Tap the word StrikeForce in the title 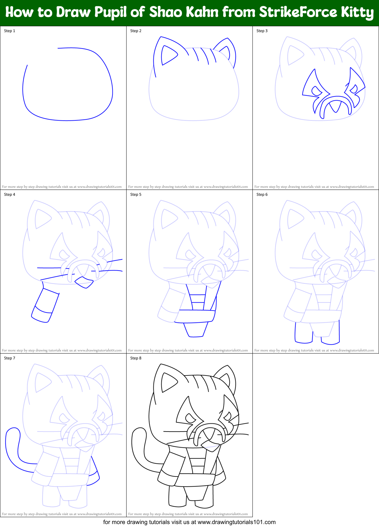[x=298, y=12]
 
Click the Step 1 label [x=10, y=31]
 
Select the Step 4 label [x=10, y=194]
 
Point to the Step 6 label [x=262, y=194]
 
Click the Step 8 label [x=136, y=358]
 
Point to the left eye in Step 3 [x=316, y=91]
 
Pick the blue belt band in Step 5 [x=195, y=316]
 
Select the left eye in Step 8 [x=190, y=418]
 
